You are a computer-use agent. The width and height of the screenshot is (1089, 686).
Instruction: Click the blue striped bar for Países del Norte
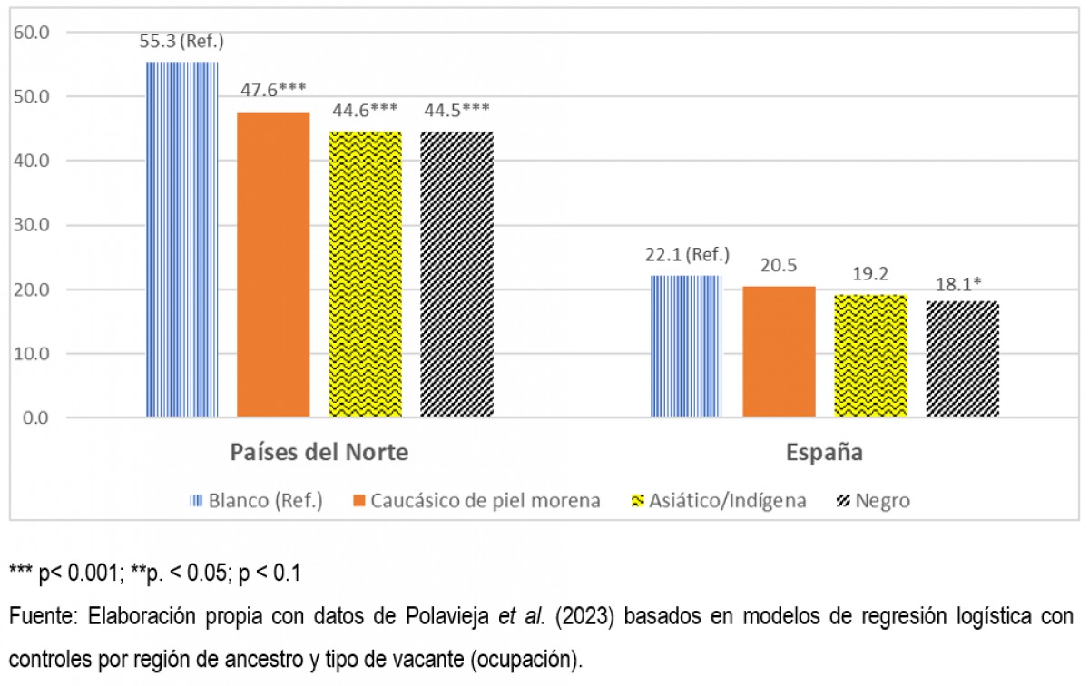point(182,240)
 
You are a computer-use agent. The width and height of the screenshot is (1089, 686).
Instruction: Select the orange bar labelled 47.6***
point(273,264)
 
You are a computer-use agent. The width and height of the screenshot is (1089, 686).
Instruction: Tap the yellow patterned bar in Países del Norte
point(365,274)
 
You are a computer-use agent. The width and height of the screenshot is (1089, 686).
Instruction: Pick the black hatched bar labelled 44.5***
point(456,274)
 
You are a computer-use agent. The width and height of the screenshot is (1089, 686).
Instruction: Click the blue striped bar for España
point(687,346)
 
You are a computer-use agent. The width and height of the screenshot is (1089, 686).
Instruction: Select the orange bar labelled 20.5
point(779,351)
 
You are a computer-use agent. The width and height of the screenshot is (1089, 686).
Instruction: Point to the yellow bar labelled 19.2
point(870,356)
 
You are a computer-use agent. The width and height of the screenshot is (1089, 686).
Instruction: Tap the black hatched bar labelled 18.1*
point(962,359)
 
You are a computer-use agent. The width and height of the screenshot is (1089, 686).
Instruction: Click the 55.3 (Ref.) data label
point(182,42)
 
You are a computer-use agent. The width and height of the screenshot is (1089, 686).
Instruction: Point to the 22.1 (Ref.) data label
point(688,255)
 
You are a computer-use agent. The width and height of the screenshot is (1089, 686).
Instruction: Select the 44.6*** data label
point(365,111)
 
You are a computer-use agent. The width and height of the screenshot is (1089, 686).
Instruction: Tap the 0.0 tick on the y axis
point(36,418)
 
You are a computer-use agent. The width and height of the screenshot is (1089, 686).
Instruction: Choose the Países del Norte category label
point(319,452)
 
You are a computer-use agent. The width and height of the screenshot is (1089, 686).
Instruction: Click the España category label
point(824,452)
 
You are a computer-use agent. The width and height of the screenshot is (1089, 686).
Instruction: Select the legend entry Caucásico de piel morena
point(485,501)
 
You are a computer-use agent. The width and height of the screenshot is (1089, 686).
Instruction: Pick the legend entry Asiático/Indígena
point(727,501)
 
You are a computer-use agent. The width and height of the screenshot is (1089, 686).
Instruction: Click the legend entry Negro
point(881,501)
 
